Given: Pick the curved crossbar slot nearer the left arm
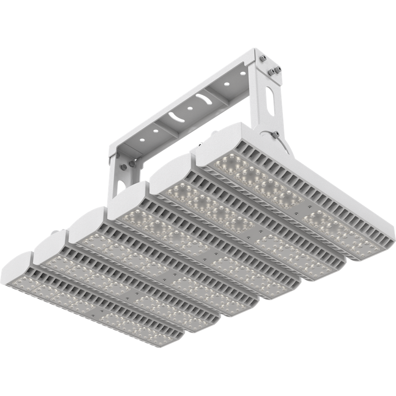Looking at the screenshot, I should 175,117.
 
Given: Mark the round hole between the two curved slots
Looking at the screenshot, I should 190,107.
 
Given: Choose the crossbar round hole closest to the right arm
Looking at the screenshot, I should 243,73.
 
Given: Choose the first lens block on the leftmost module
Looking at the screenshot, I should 30,284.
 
